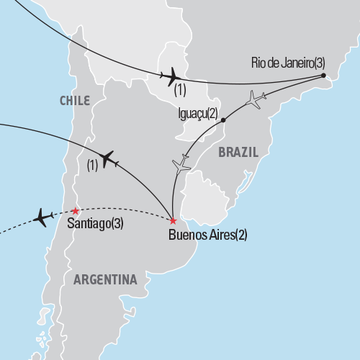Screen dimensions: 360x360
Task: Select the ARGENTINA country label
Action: click(107, 279)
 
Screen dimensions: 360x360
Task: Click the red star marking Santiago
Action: click(75, 211)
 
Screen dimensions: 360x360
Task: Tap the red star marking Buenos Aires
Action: click(173, 220)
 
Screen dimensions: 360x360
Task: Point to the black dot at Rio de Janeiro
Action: click(323, 75)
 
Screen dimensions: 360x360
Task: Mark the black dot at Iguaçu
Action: click(224, 120)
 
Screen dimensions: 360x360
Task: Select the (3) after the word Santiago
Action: click(116, 224)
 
